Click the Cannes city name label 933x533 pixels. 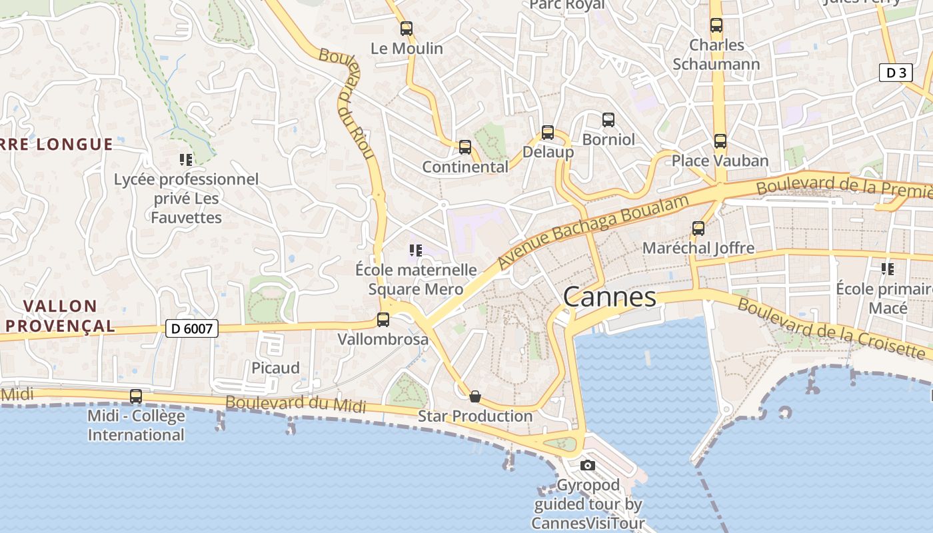click(610, 296)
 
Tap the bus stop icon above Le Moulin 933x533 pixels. click(406, 29)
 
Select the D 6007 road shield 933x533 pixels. click(192, 328)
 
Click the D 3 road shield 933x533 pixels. click(896, 73)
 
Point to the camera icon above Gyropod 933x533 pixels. click(587, 465)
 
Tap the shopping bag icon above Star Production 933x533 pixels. click(475, 396)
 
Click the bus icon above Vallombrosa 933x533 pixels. click(383, 319)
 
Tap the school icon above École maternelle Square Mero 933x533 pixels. click(416, 251)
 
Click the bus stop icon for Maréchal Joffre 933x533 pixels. click(698, 229)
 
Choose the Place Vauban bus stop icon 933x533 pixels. click(720, 141)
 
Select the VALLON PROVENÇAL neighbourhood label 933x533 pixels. click(60, 316)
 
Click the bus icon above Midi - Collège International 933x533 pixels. click(136, 396)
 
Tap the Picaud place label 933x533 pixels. click(275, 368)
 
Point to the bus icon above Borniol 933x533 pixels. click(608, 120)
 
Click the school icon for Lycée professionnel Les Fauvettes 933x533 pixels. click(186, 159)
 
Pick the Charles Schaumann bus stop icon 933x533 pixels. click(716, 25)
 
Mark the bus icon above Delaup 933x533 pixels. click(548, 133)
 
